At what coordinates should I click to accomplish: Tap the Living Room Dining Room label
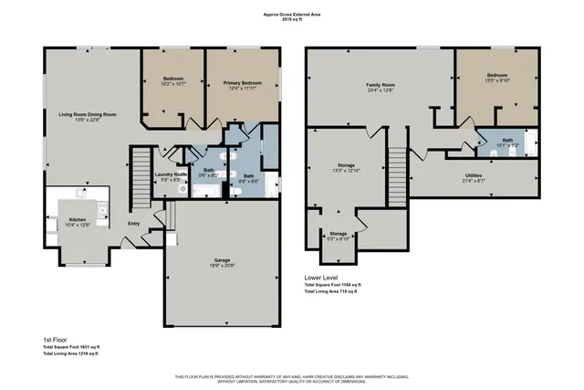tap(89, 114)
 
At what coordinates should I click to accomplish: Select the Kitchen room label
tap(78, 219)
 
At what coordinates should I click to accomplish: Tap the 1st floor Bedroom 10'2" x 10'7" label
tap(173, 79)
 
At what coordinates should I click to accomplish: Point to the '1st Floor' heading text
tap(57, 338)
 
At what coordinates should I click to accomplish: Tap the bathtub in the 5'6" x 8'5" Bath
tap(203, 190)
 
